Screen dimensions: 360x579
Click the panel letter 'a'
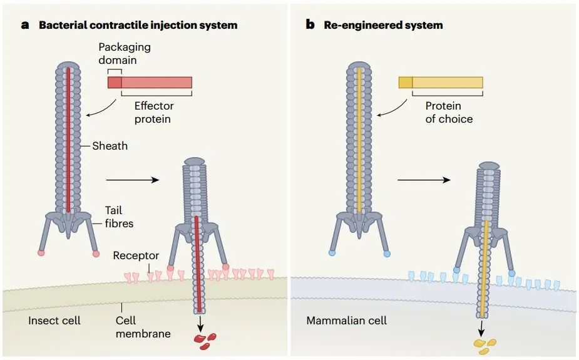pyautogui.click(x=25, y=26)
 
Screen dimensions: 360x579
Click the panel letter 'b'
pyautogui.click(x=310, y=26)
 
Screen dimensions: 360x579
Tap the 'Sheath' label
pyautogui.click(x=110, y=146)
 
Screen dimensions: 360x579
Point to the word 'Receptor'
pyautogui.click(x=136, y=256)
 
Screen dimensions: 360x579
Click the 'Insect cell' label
pyautogui.click(x=54, y=321)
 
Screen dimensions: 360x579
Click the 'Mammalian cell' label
pyautogui.click(x=346, y=321)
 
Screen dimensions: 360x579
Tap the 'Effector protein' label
pyautogui.click(x=153, y=112)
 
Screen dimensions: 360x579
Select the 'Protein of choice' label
pyautogui.click(x=449, y=112)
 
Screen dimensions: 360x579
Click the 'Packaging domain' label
pyautogui.click(x=125, y=54)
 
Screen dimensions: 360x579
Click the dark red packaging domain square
pyautogui.click(x=114, y=82)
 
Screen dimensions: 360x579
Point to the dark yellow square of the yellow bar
pyautogui.click(x=406, y=82)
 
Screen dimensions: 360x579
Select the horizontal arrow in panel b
pyautogui.click(x=424, y=180)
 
